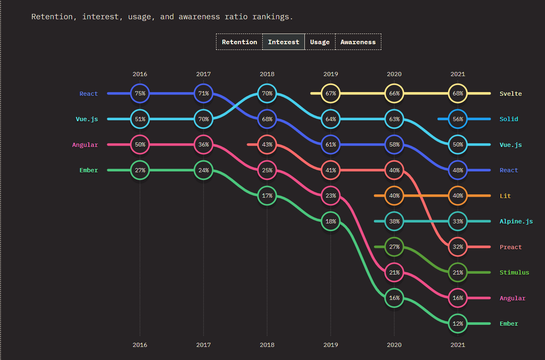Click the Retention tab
(239, 42)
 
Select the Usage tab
(320, 42)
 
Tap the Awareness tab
(358, 42)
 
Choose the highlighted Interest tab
(284, 42)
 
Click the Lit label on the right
(505, 196)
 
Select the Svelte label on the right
(511, 94)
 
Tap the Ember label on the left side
(88, 170)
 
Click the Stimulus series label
(514, 272)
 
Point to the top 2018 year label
(267, 74)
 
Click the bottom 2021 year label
(458, 345)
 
